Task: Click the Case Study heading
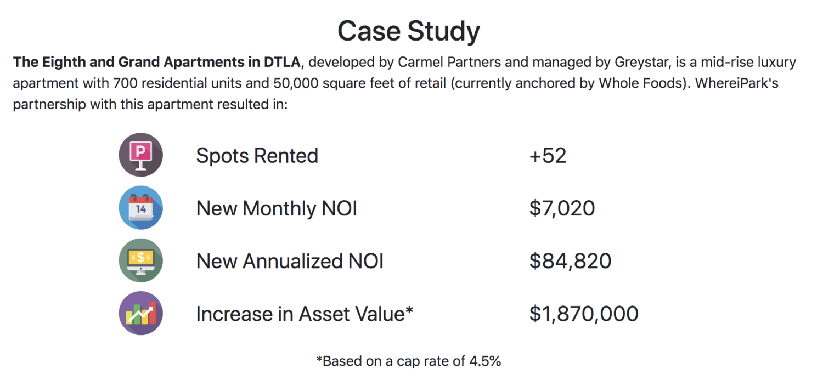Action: tap(409, 31)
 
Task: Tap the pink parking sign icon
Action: tap(141, 155)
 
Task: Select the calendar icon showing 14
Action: tap(141, 208)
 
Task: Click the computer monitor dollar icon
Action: tap(141, 260)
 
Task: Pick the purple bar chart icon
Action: tap(141, 313)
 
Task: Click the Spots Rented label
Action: tap(257, 156)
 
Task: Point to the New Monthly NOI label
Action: tap(277, 208)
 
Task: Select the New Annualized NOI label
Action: tap(290, 261)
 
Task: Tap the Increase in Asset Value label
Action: tap(304, 314)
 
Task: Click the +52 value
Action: tap(547, 156)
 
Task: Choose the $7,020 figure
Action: tap(561, 208)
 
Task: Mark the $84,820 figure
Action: tap(570, 261)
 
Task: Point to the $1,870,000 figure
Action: tap(583, 314)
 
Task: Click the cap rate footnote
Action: tap(408, 361)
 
